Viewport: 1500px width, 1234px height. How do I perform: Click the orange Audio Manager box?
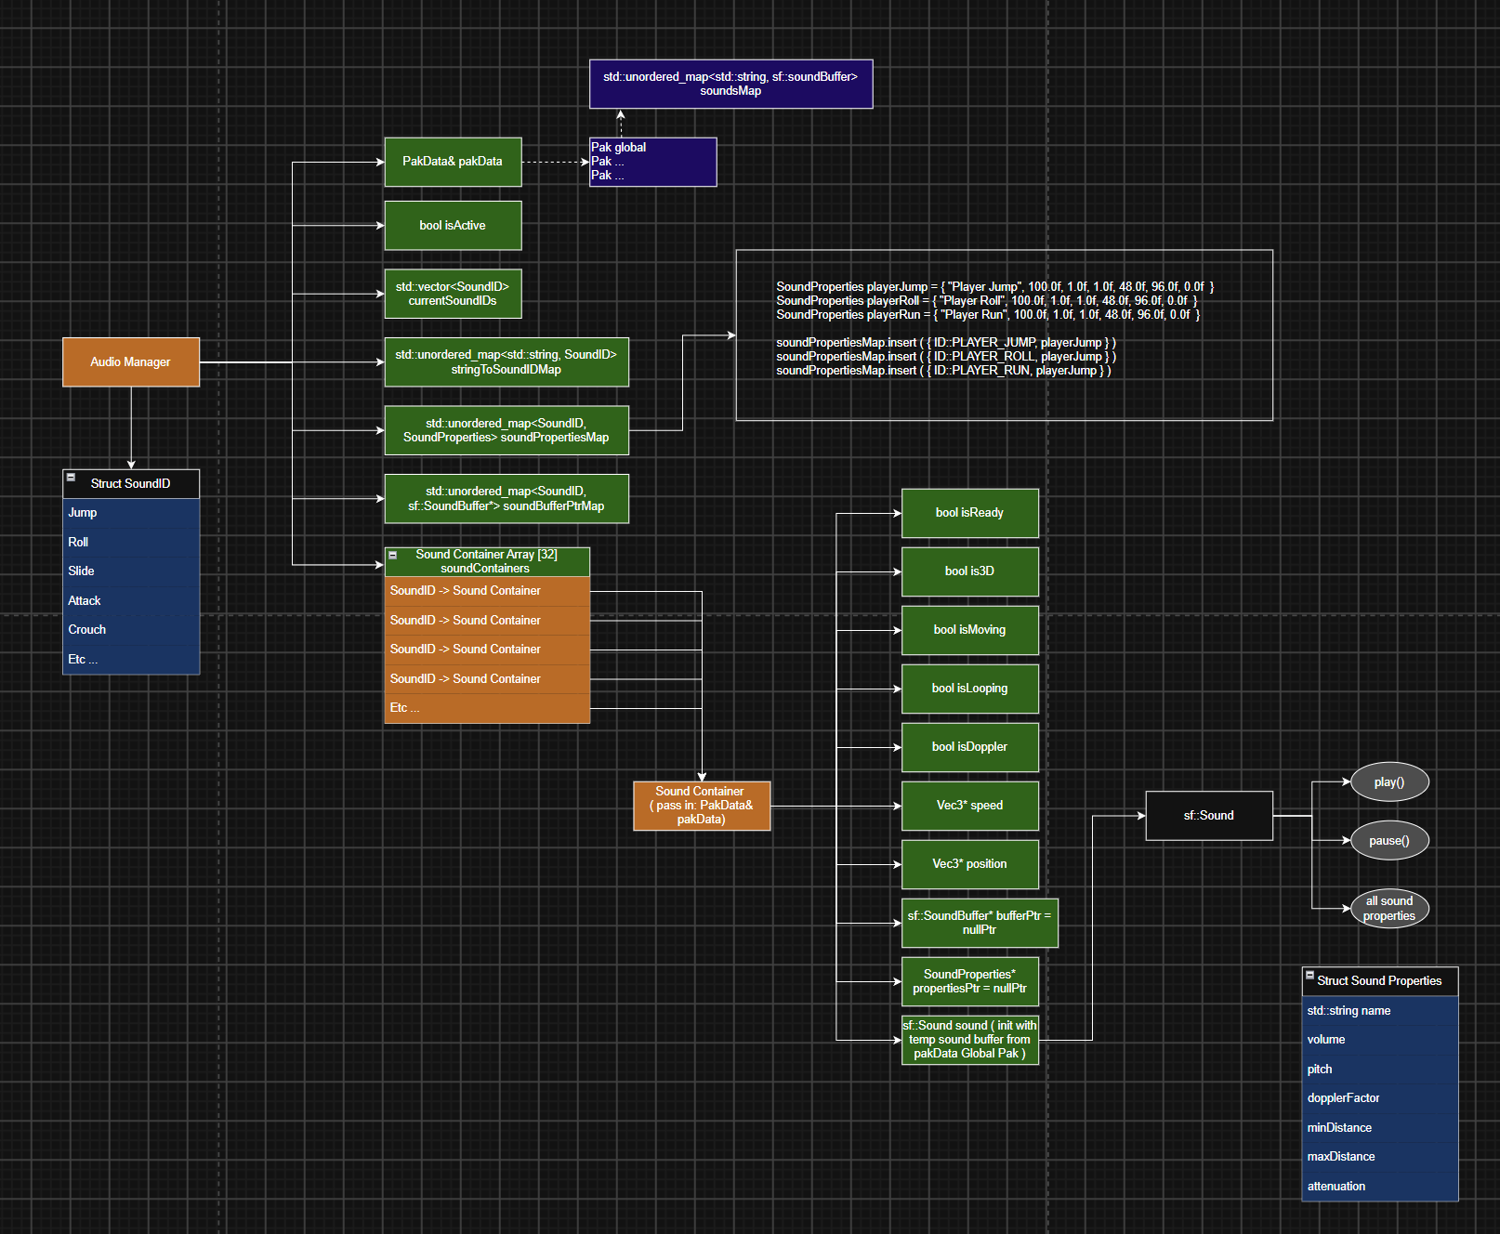(131, 362)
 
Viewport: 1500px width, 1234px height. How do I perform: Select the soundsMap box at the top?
(730, 84)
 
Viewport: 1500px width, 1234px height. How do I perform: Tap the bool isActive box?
(453, 226)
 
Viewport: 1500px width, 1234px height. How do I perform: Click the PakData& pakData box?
(453, 162)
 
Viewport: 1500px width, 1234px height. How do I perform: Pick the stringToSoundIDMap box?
(507, 362)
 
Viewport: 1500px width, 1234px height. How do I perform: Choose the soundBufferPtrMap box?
(507, 499)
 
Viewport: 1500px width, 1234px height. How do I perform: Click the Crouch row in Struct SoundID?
(131, 630)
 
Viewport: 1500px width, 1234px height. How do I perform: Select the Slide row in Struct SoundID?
(131, 571)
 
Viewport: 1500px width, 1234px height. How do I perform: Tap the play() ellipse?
(1388, 782)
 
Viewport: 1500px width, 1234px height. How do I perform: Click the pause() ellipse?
(1388, 841)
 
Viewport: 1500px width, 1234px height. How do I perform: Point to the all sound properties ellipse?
(1388, 909)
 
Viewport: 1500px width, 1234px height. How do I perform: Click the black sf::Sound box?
(1209, 816)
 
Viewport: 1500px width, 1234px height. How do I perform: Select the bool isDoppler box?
(969, 747)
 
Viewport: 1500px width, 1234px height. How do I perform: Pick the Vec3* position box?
(969, 864)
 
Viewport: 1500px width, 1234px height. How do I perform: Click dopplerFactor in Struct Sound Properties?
(1343, 1098)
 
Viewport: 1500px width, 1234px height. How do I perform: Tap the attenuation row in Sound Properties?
(1380, 1187)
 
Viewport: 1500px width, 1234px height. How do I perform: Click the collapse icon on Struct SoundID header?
(71, 478)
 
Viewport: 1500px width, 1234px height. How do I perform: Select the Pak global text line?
(618, 148)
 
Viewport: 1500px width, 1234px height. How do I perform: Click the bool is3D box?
(969, 571)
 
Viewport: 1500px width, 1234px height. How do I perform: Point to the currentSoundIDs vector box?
(453, 295)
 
